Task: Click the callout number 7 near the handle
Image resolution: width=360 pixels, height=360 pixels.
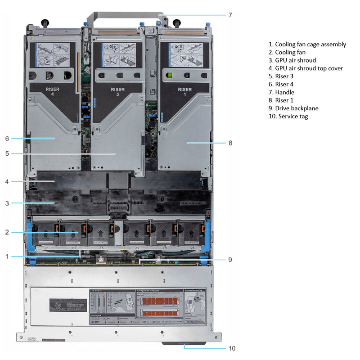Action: pos(230,15)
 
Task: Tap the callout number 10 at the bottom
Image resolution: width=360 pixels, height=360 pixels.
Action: pos(232,348)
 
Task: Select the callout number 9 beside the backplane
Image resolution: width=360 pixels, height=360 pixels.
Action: pos(229,259)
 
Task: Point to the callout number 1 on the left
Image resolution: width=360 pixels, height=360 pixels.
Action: pos(7,256)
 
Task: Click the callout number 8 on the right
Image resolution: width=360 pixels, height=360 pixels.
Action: pos(230,143)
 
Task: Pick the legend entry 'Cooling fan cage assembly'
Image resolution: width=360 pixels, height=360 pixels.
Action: pos(307,44)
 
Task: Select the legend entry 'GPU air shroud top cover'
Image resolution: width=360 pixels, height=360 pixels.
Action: pos(306,68)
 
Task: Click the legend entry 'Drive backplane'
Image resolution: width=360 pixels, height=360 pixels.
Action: pos(293,108)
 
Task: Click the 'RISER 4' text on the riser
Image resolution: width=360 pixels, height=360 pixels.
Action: pos(52,92)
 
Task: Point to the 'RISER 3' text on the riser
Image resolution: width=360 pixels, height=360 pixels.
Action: pos(118,92)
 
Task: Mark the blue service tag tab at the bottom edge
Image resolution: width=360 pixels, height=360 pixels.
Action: pos(184,343)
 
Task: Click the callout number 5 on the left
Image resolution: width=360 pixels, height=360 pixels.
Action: pos(7,153)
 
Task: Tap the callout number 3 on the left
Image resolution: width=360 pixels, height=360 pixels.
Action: pos(7,203)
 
